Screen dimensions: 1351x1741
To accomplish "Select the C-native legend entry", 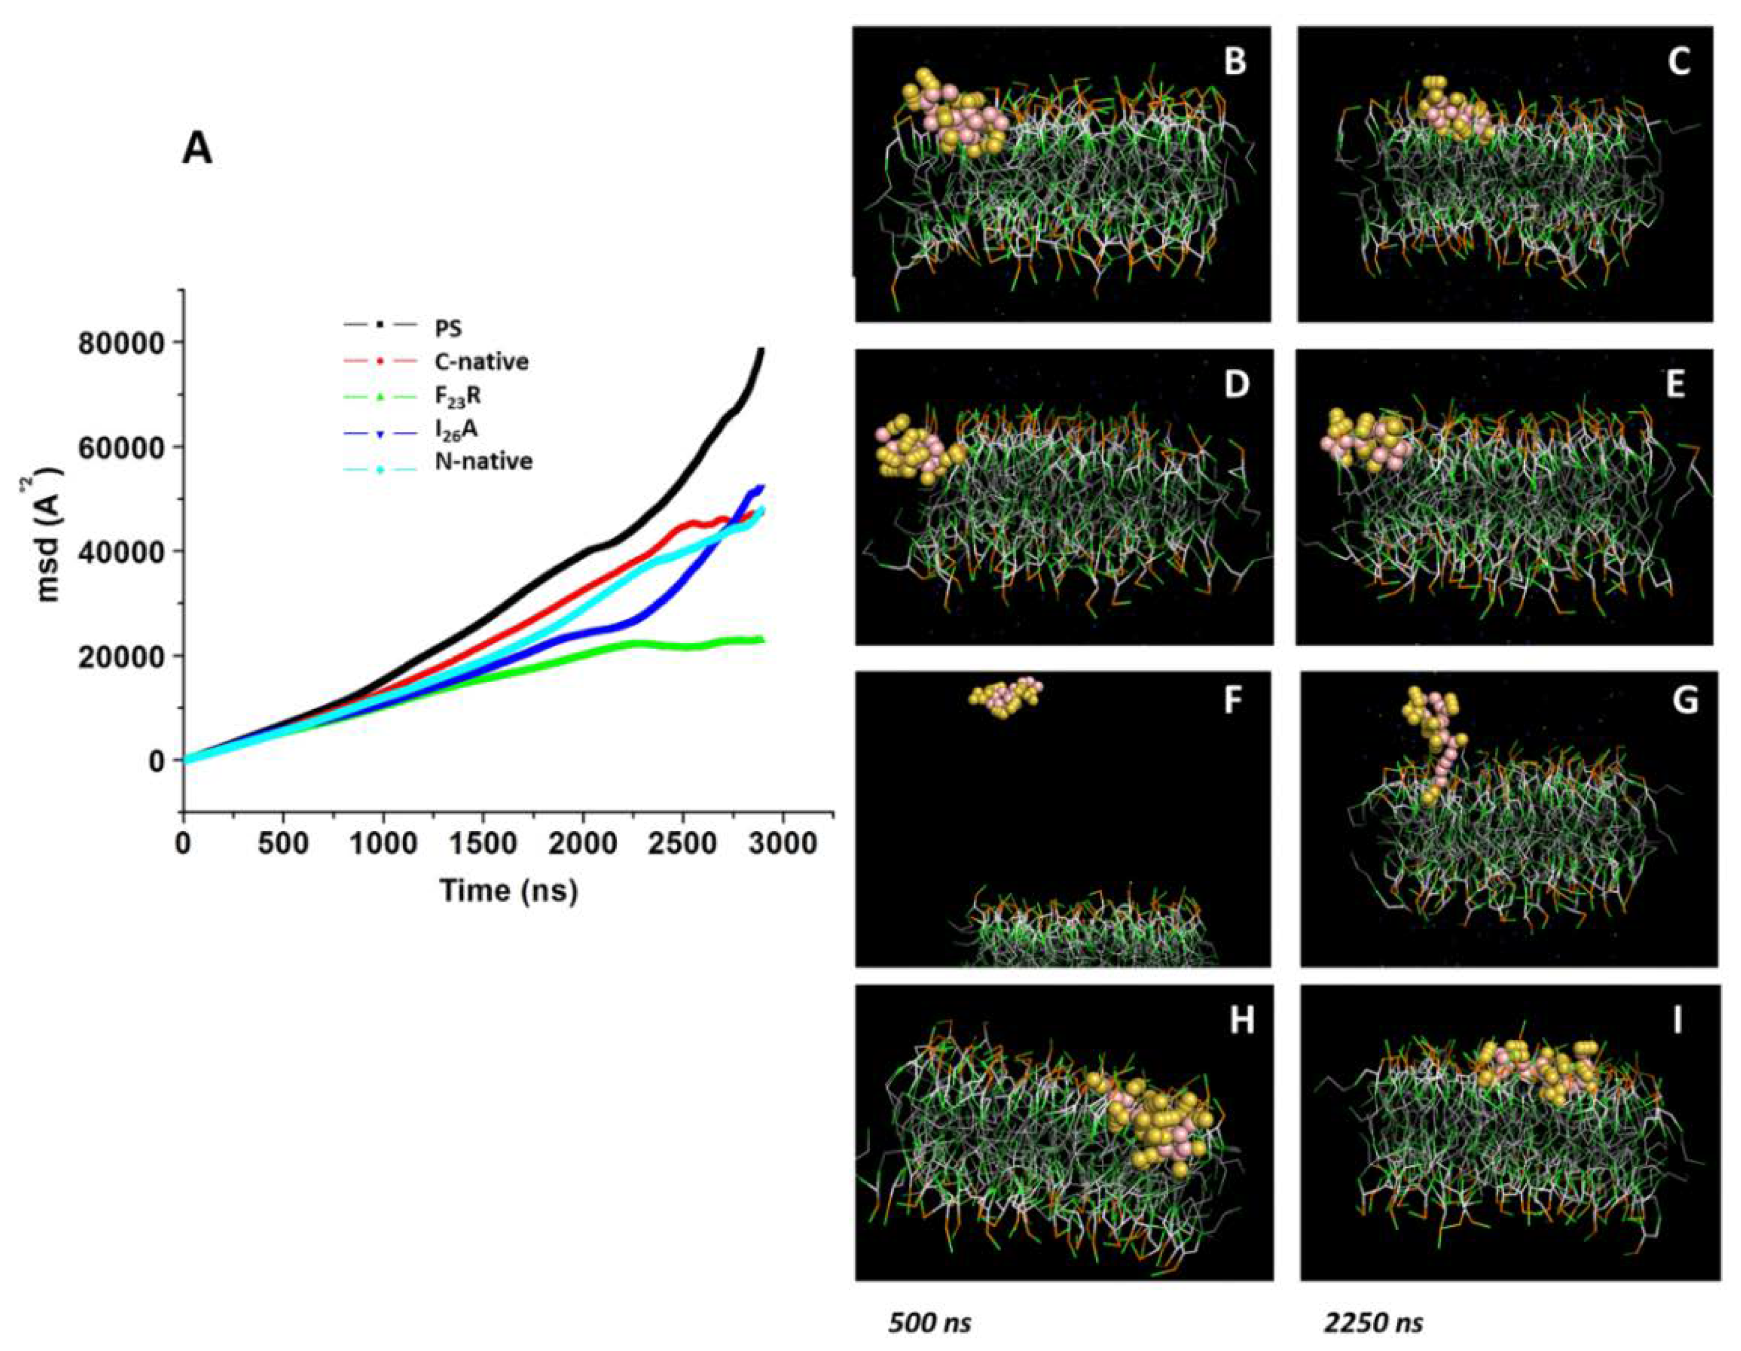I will (x=480, y=362).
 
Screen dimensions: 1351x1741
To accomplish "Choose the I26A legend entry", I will (x=457, y=429).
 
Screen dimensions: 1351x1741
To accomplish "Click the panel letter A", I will (x=197, y=149).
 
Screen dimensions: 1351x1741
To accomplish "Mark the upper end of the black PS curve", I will (x=762, y=350).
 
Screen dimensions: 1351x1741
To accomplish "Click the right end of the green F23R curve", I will (x=762, y=639).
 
